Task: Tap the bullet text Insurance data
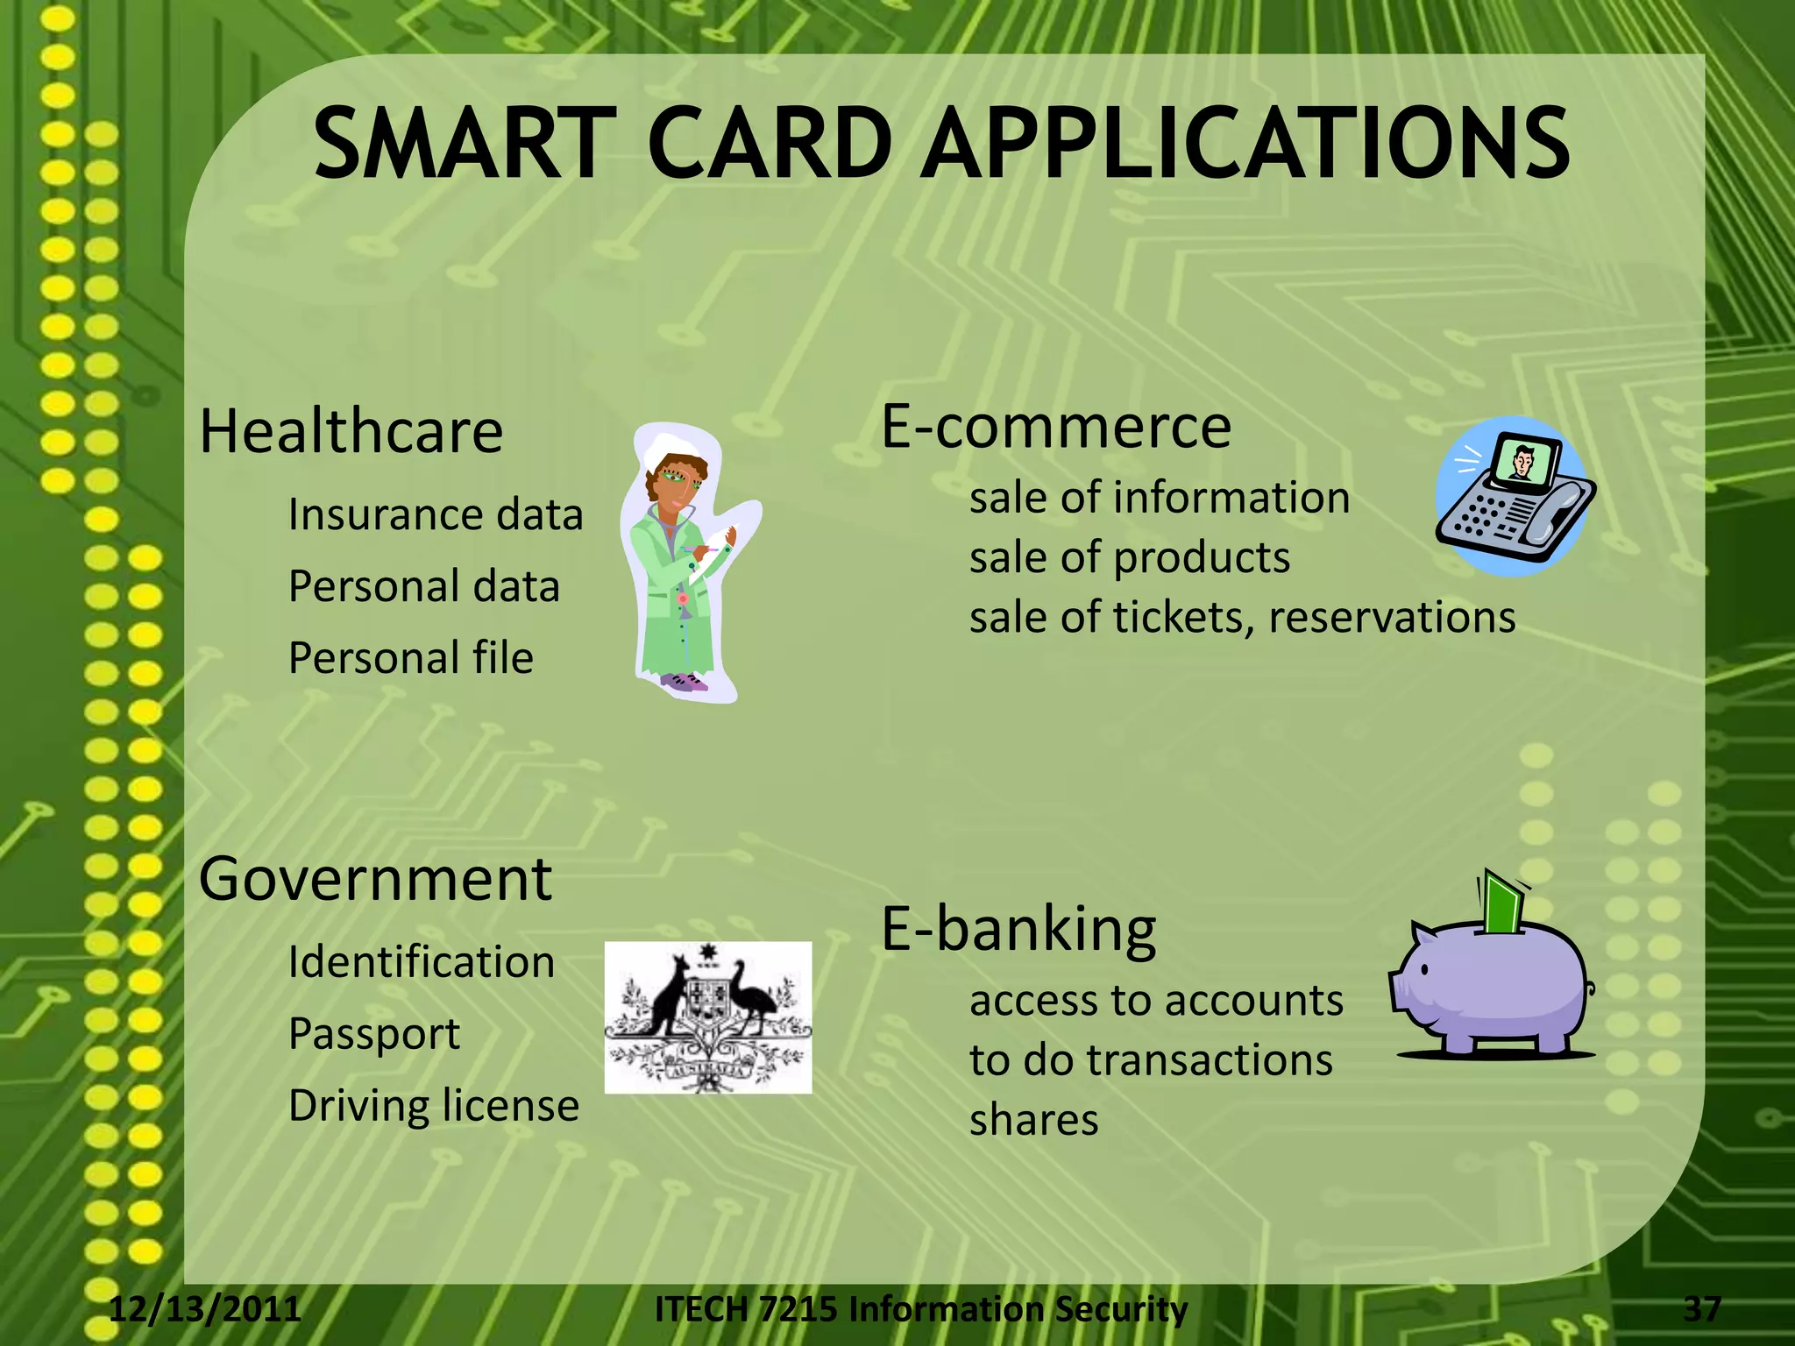pyautogui.click(x=436, y=514)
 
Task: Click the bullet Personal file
pyautogui.click(x=410, y=658)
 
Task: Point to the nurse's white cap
pyautogui.click(x=671, y=450)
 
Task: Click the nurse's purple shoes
pyautogui.click(x=684, y=681)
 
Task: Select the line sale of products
pyautogui.click(x=1129, y=557)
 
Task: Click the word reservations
pyautogui.click(x=1392, y=617)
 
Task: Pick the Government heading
pyautogui.click(x=375, y=879)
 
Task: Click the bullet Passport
pyautogui.click(x=373, y=1034)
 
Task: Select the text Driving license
pyautogui.click(x=434, y=1105)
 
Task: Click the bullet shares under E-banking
pyautogui.click(x=1033, y=1120)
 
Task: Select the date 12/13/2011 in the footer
pyautogui.click(x=205, y=1309)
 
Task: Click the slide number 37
pyautogui.click(x=1702, y=1309)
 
